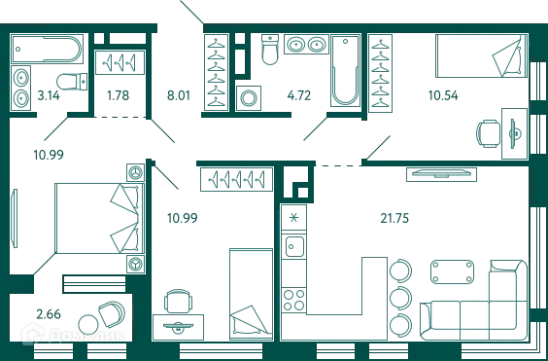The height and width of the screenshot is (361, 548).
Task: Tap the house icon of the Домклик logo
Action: (33, 334)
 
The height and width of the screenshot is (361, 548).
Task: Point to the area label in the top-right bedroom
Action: (443, 93)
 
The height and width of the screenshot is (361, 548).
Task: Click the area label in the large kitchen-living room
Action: (394, 217)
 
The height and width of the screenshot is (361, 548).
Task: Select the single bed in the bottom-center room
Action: (249, 292)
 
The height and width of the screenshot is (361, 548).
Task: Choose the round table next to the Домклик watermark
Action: (106, 315)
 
